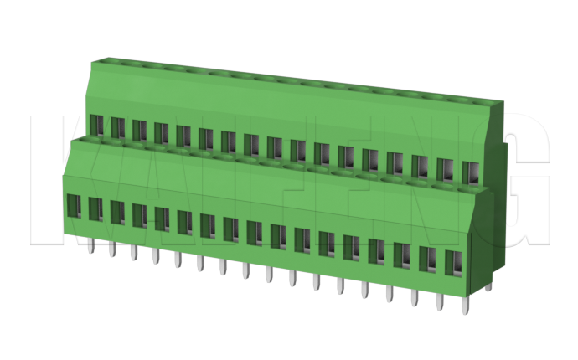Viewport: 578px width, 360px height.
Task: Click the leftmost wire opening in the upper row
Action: point(95,126)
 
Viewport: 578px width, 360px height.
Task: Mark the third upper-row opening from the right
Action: point(421,167)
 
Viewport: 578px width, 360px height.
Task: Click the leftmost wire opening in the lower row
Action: point(73,206)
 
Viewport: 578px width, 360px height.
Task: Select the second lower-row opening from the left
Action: point(95,209)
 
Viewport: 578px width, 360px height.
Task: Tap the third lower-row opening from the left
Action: point(117,213)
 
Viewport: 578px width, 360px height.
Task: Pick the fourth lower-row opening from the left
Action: point(140,216)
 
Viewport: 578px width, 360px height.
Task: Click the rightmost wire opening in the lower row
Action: point(453,262)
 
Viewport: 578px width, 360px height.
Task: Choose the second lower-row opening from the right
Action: point(427,259)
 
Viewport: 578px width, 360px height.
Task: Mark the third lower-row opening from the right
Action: point(401,255)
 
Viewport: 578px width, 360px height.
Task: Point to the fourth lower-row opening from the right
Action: point(376,250)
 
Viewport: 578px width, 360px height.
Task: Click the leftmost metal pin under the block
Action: point(90,245)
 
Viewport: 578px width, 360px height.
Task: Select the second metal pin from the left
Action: point(111,249)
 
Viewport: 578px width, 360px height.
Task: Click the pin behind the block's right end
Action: point(488,285)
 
